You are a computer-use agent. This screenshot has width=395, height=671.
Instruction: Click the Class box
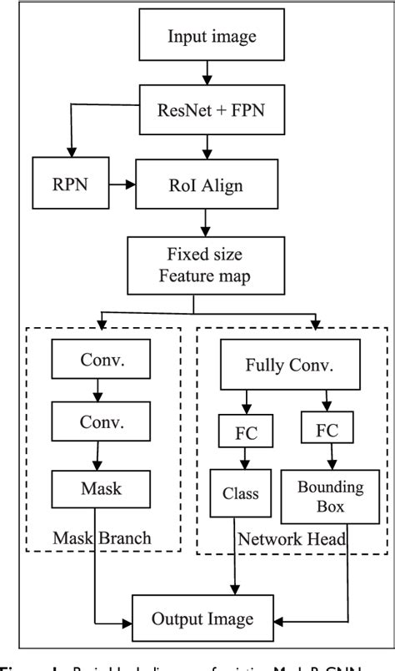pos(241,493)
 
